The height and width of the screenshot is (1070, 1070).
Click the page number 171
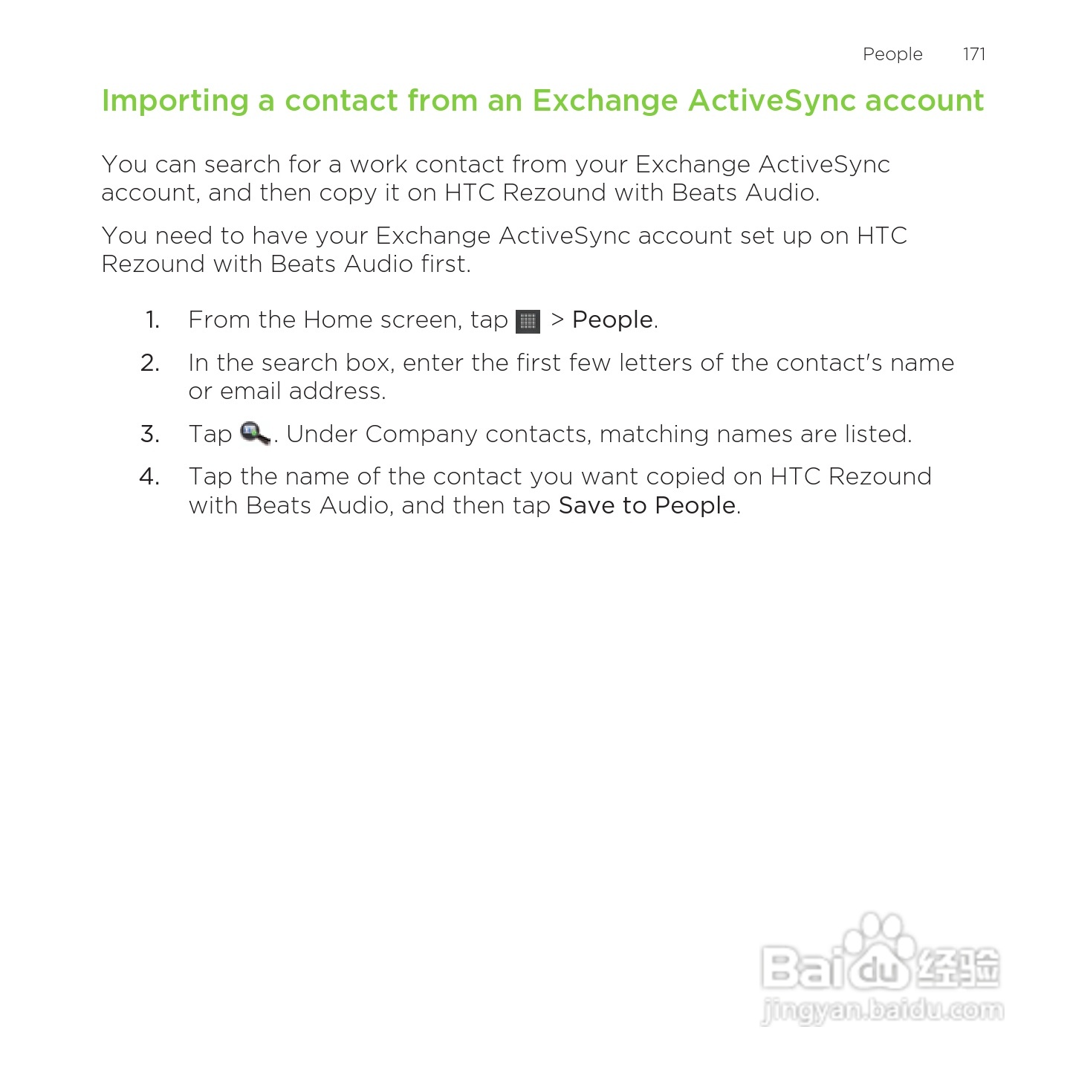click(973, 54)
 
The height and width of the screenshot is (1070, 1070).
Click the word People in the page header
click(892, 54)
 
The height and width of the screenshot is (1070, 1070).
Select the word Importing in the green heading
click(175, 101)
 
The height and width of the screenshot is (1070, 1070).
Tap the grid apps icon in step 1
click(528, 321)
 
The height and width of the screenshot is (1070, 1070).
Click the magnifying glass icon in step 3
click(255, 433)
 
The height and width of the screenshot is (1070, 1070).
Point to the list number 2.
click(150, 363)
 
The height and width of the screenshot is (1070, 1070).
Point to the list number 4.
click(149, 476)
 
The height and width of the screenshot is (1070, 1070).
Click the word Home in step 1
click(337, 320)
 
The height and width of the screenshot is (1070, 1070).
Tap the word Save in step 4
click(586, 505)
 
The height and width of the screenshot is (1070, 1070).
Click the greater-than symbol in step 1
click(557, 320)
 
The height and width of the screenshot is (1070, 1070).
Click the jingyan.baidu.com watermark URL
click(882, 1011)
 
